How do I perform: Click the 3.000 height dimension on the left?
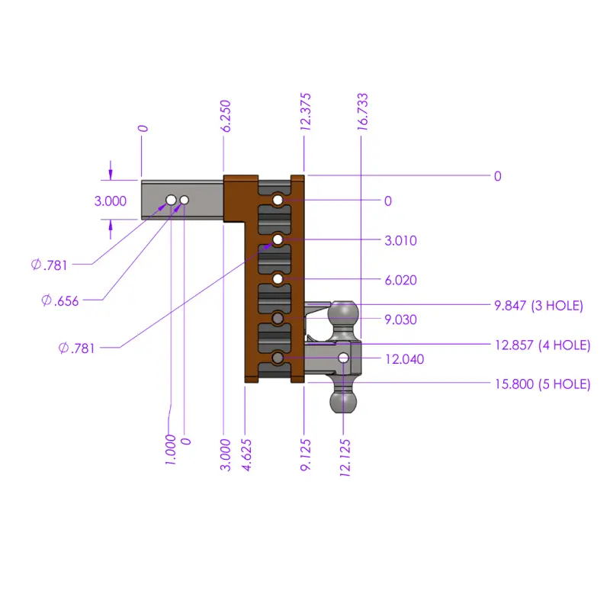pos(110,201)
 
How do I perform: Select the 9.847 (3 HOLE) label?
pos(538,306)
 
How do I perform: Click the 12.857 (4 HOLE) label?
pos(542,345)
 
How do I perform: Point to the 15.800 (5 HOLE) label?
pos(542,384)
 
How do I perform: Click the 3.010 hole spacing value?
pos(401,241)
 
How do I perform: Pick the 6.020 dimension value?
pos(401,281)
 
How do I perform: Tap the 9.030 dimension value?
pos(401,320)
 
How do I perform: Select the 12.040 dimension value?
pos(404,359)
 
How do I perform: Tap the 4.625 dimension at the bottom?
pos(247,454)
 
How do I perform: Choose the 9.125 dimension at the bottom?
pos(305,454)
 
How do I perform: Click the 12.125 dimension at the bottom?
pos(345,456)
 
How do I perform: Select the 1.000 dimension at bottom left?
pos(171,450)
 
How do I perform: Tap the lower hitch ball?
pos(344,400)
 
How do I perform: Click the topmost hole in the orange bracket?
pos(278,201)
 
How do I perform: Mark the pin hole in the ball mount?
pos(344,358)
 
